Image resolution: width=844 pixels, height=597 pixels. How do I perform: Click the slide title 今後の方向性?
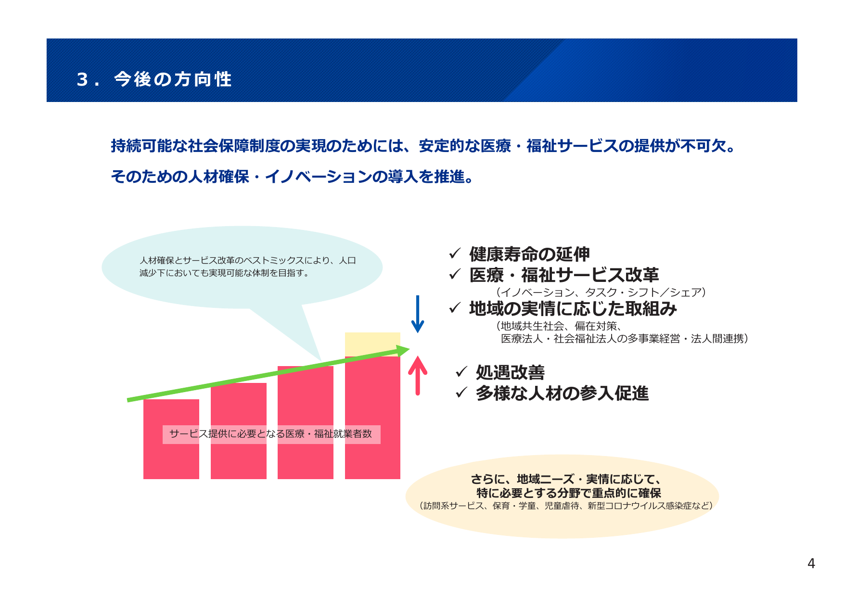coord(173,79)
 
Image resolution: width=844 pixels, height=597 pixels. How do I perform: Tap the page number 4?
coord(811,563)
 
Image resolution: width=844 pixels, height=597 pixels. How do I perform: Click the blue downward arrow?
coord(418,315)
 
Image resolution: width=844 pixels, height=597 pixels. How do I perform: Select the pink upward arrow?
coord(418,376)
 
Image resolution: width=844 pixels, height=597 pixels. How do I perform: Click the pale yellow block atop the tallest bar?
coord(372,343)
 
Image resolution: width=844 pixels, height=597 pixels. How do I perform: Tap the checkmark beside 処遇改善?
coord(461,371)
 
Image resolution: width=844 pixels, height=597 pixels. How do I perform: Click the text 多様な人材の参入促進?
coord(562,394)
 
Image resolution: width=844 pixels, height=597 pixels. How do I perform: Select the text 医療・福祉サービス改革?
coord(564,275)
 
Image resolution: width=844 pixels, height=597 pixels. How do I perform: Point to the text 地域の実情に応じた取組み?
coord(573,308)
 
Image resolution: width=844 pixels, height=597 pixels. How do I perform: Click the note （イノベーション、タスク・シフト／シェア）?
coord(601,292)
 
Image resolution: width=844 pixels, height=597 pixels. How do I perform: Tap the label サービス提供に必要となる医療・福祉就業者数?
coord(271,434)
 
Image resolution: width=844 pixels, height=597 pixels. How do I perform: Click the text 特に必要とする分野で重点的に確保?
coord(569,493)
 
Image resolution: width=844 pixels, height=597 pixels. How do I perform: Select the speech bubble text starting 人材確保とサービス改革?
coord(247,267)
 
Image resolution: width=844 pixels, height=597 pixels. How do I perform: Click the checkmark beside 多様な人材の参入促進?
coord(461,393)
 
